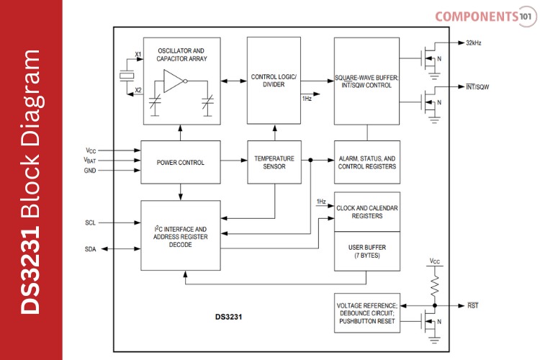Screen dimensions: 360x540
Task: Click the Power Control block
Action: click(181, 163)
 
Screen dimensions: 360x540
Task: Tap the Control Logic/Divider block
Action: click(273, 80)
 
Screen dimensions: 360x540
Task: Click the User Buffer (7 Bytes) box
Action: click(366, 251)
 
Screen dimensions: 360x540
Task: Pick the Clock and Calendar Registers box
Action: click(366, 212)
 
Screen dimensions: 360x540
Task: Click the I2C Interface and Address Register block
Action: click(181, 236)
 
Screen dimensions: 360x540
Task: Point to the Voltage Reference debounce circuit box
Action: click(366, 313)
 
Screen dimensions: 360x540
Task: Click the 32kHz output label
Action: click(473, 43)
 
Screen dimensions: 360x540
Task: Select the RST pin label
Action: click(472, 305)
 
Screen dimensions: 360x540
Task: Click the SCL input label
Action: click(90, 222)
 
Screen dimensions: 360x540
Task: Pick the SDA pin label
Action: click(90, 249)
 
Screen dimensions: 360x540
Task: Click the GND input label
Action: click(90, 171)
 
